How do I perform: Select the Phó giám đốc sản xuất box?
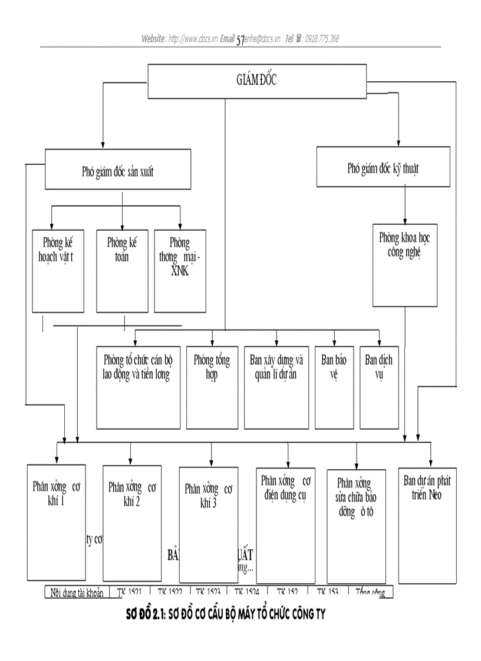118,170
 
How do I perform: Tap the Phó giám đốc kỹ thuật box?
383,168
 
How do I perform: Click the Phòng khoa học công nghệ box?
405,264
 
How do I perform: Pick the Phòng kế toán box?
122,270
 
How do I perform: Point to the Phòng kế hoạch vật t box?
58,270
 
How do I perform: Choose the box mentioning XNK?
179,270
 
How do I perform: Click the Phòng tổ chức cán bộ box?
138,387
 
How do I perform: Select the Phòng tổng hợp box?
212,387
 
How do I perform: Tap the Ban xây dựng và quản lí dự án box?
276,387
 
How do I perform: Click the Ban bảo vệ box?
334,387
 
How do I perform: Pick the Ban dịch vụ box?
378,387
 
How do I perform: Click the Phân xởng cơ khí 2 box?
131,522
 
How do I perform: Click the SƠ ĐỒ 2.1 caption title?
226,615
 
